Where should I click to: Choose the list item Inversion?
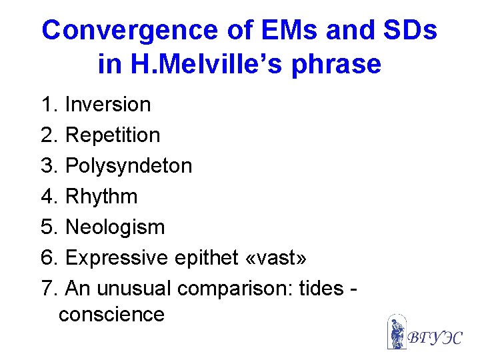point(108,105)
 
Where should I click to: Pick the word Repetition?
point(113,135)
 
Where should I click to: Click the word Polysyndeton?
point(128,166)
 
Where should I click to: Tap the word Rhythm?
point(101,197)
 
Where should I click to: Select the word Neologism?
point(115,227)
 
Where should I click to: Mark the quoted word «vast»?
point(277,258)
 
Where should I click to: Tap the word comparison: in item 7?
point(233,289)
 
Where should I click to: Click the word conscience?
point(111,314)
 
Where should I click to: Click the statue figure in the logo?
point(397,332)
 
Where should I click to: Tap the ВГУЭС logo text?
point(434,337)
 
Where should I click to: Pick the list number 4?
point(47,197)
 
